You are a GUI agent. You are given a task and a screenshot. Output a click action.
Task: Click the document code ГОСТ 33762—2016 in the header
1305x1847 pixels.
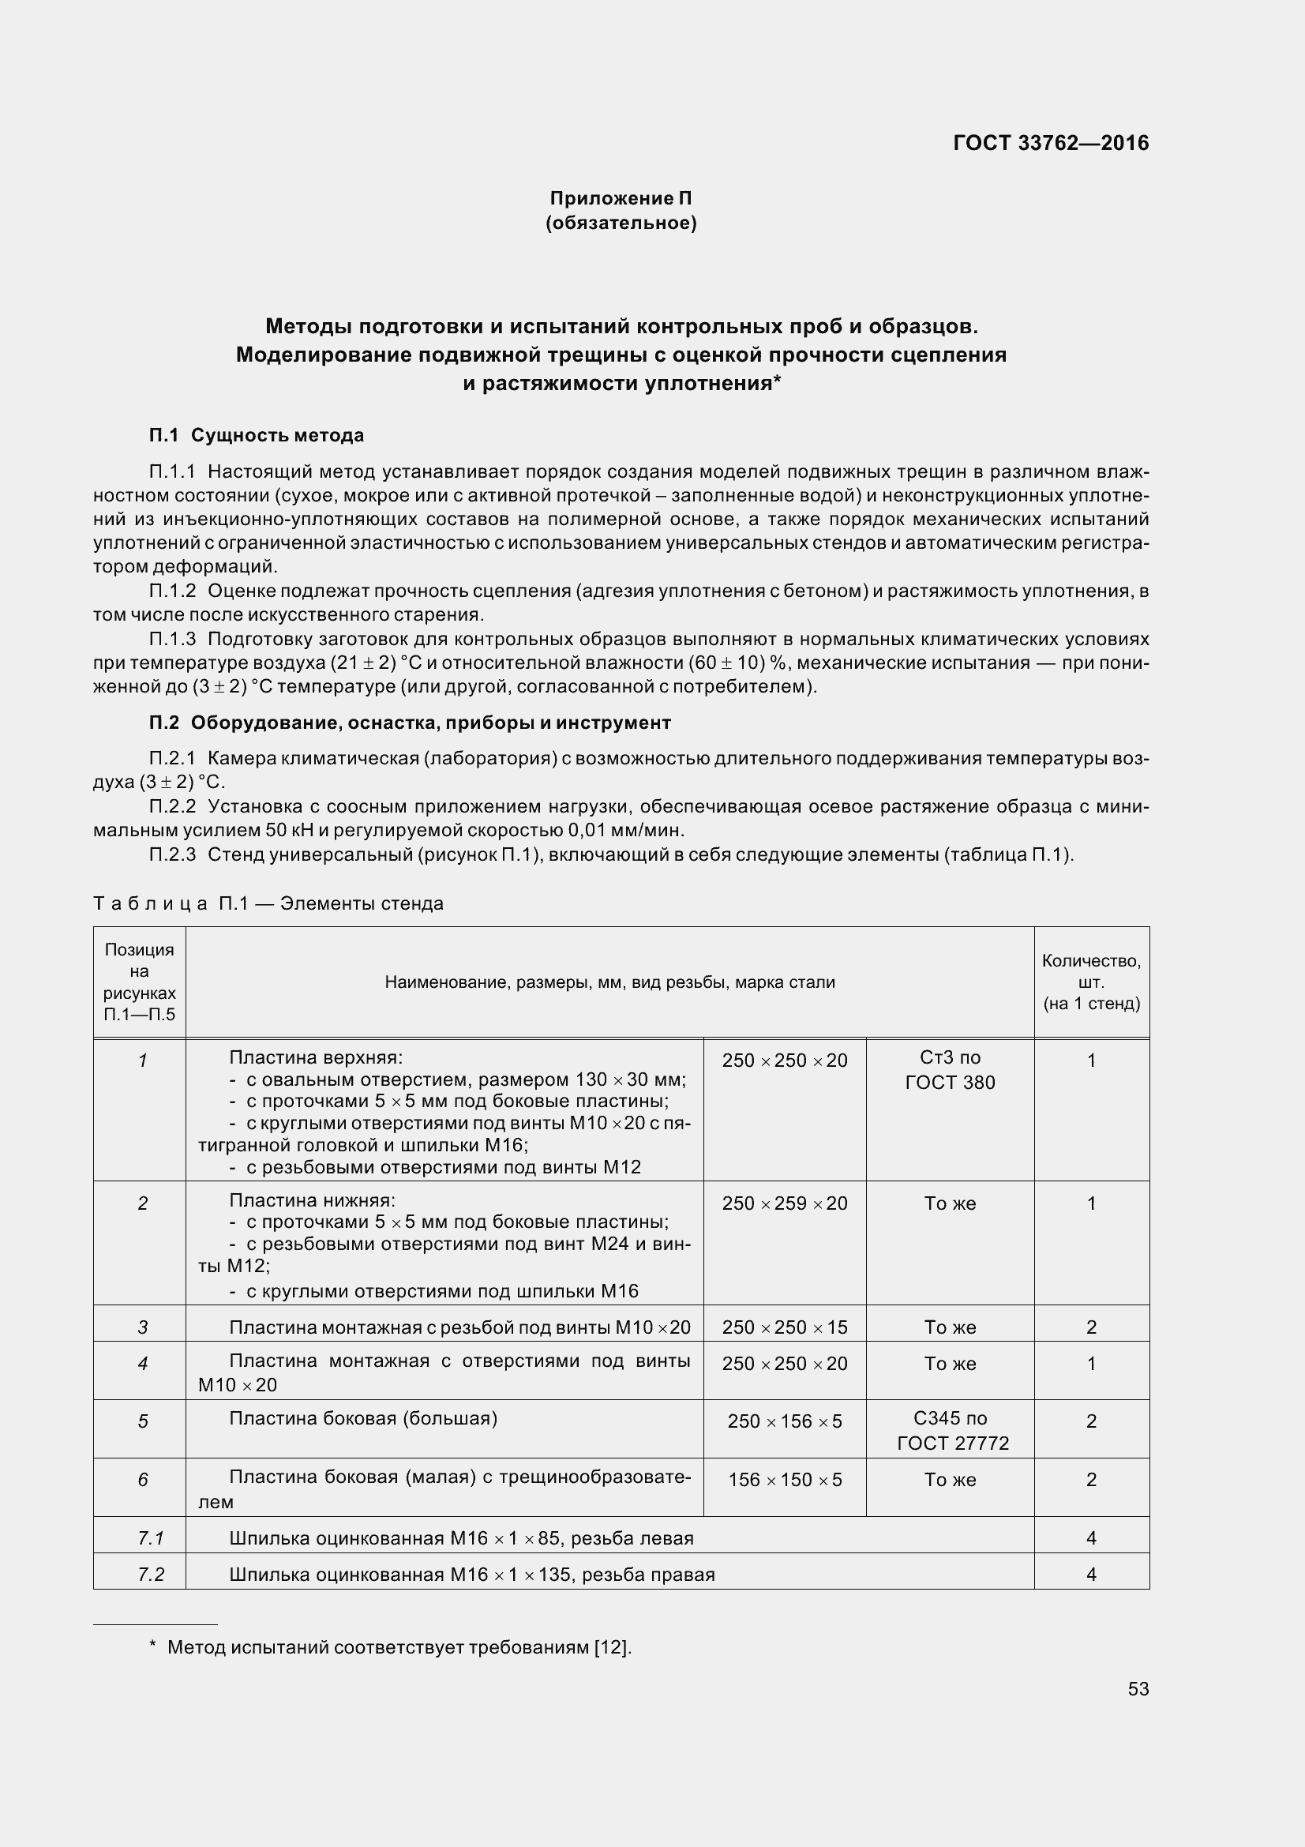pyautogui.click(x=1051, y=143)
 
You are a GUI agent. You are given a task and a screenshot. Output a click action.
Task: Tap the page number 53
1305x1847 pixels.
pyautogui.click(x=1138, y=1688)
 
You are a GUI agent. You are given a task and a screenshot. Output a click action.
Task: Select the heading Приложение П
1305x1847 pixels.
pyautogui.click(x=621, y=198)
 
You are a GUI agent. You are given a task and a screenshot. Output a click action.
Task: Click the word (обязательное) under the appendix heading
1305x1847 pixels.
pyautogui.click(x=621, y=223)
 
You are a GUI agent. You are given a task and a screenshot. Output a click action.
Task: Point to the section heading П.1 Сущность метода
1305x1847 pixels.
pyautogui.click(x=257, y=435)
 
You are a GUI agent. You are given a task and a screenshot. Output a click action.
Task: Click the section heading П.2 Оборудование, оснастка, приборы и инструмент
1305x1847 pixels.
pyautogui.click(x=410, y=723)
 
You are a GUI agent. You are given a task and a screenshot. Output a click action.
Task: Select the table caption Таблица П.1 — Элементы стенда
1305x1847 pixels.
pyautogui.click(x=268, y=903)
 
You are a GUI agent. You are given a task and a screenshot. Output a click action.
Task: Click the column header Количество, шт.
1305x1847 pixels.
pyautogui.click(x=1091, y=982)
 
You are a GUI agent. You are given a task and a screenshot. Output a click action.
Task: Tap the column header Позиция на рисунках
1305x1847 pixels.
pyautogui.click(x=140, y=982)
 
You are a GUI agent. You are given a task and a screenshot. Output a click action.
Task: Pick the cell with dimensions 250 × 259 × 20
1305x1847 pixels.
pyautogui.click(x=785, y=1203)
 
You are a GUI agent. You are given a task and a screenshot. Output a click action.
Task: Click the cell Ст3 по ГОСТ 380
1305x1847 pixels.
pyautogui.click(x=950, y=1071)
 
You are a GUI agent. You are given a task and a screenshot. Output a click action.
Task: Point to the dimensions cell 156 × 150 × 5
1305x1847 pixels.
pyautogui.click(x=785, y=1479)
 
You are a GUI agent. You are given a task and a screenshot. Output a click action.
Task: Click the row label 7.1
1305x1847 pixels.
pyautogui.click(x=150, y=1538)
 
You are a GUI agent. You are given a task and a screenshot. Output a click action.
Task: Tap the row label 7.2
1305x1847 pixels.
pyautogui.click(x=150, y=1575)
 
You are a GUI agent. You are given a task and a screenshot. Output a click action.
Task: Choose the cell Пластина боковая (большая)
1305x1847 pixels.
pyautogui.click(x=363, y=1418)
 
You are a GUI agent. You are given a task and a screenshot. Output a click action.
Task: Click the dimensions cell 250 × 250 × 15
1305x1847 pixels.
pyautogui.click(x=785, y=1327)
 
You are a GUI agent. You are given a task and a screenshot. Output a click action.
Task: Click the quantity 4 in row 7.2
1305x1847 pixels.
pyautogui.click(x=1091, y=1575)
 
